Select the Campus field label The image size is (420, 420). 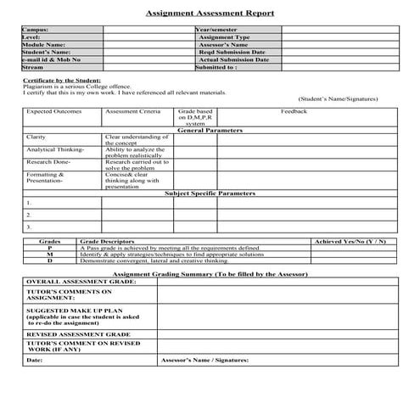[x=37, y=30]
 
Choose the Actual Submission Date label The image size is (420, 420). [x=233, y=60]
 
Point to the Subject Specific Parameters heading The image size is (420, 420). [x=210, y=193]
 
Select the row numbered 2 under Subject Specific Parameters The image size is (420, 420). [x=29, y=215]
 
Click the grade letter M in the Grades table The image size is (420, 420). [x=49, y=255]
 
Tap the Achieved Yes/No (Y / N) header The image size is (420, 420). [x=350, y=242]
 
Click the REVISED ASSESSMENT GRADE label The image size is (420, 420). [x=74, y=335]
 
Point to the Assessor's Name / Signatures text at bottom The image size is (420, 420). [x=204, y=360]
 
